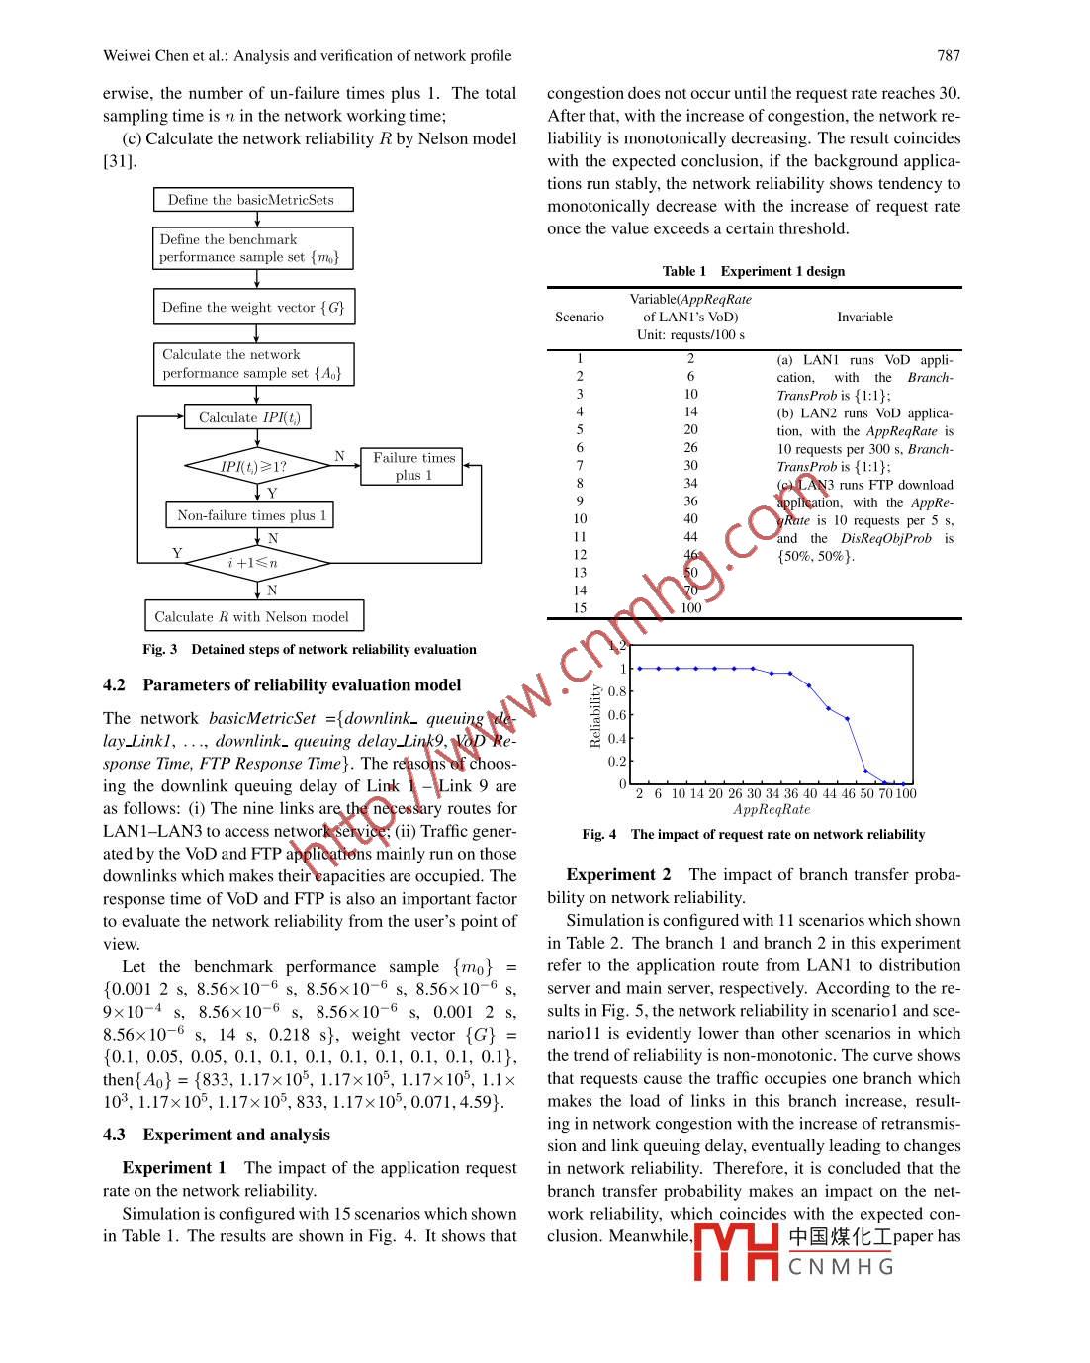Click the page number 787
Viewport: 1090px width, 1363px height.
point(948,56)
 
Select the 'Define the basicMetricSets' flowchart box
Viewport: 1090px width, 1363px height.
point(253,200)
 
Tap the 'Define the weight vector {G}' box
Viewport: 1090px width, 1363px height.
point(253,308)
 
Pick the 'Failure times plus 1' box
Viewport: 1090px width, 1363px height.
point(413,467)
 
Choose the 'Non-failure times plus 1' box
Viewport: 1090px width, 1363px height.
point(250,515)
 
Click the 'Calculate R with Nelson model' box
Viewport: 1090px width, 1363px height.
point(253,617)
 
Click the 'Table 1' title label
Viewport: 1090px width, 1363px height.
point(684,272)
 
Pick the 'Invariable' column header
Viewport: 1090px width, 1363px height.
point(864,318)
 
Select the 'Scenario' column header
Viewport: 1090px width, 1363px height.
point(580,318)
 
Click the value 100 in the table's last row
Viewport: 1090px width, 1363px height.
point(690,608)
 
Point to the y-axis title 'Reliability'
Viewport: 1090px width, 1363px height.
point(595,715)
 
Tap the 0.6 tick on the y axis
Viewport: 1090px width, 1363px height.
point(617,715)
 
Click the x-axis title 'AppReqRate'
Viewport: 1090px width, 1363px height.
point(772,810)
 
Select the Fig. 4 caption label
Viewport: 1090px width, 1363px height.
point(599,835)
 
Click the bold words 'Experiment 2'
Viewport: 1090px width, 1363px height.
point(618,875)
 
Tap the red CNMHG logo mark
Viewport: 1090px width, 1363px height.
point(736,1252)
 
